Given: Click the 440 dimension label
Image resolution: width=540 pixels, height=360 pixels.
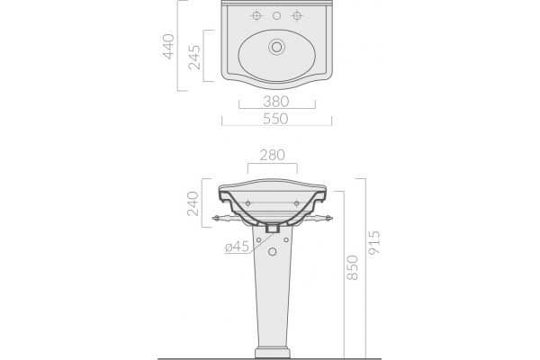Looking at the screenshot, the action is click(168, 47).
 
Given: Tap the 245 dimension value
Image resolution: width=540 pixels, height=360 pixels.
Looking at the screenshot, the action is click(194, 58).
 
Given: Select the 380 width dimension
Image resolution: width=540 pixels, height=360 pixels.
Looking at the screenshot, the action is click(276, 102).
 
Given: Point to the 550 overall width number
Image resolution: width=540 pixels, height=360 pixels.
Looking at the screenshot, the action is click(275, 119).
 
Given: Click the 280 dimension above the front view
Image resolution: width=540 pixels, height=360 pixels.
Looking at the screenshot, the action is click(273, 155).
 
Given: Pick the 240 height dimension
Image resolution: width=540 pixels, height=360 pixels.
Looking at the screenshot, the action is click(193, 203).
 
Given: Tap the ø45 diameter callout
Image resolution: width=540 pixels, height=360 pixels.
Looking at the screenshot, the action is click(237, 247).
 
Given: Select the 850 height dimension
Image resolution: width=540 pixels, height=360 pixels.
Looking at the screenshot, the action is click(352, 267).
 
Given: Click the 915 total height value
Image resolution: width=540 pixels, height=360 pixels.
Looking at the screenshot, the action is click(374, 242).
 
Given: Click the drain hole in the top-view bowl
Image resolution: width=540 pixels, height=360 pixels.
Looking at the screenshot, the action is click(276, 47).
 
